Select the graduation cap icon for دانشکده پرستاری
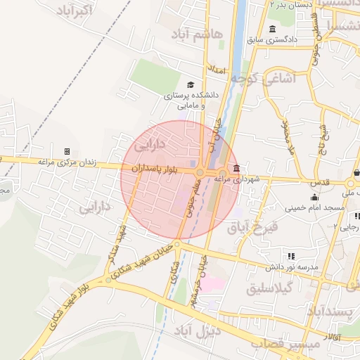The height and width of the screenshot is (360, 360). (191, 84)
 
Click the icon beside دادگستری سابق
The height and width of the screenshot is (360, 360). (272, 29)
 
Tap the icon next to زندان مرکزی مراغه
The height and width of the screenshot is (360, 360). (67, 151)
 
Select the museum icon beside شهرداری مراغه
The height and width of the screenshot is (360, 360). (235, 169)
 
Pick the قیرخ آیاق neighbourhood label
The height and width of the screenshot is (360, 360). (254, 227)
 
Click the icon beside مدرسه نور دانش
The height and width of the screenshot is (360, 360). (290, 255)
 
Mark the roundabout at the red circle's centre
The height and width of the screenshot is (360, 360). (200, 172)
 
